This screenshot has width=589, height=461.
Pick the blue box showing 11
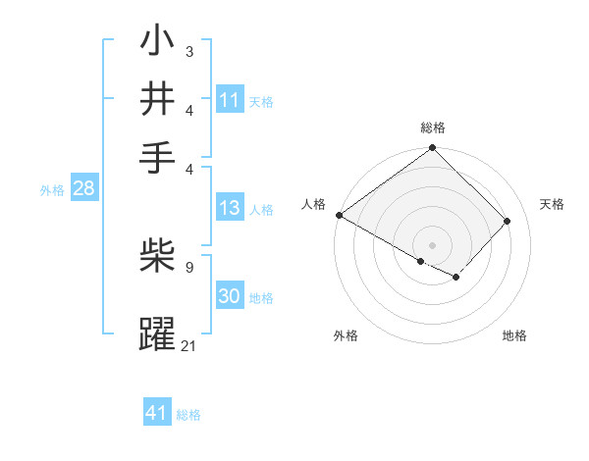pyautogui.click(x=230, y=100)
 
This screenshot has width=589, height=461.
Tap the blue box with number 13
pyautogui.click(x=230, y=208)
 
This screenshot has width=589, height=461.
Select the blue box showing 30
pyautogui.click(x=230, y=296)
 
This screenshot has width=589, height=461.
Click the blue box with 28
pyautogui.click(x=83, y=189)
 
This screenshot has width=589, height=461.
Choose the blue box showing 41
pyautogui.click(x=157, y=413)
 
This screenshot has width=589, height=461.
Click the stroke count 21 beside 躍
pyautogui.click(x=188, y=345)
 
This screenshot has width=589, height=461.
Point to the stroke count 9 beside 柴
pyautogui.click(x=188, y=266)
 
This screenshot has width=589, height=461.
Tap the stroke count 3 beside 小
pyautogui.click(x=188, y=50)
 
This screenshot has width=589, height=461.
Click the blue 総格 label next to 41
pyautogui.click(x=188, y=415)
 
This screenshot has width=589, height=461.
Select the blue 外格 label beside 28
pyautogui.click(x=52, y=190)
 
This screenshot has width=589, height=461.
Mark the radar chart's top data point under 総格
pyautogui.click(x=432, y=148)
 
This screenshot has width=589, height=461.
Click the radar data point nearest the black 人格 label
pyautogui.click(x=339, y=215)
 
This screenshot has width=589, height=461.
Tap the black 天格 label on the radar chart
pyautogui.click(x=552, y=204)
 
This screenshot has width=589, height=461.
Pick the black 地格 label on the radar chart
pyautogui.click(x=514, y=336)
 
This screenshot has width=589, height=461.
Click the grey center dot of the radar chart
pyautogui.click(x=432, y=244)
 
